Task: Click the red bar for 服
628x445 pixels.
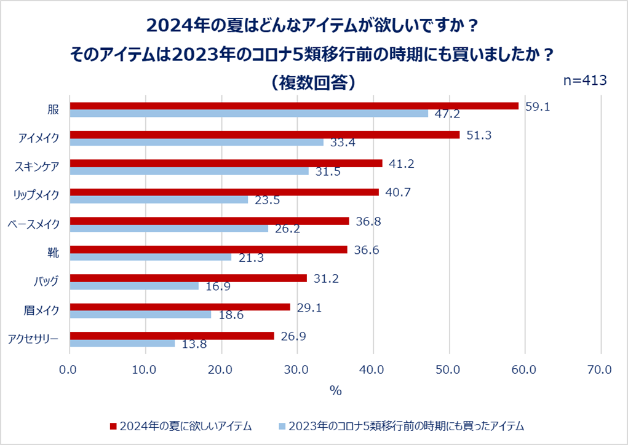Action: [294, 106]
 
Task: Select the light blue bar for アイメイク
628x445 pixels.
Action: [196, 142]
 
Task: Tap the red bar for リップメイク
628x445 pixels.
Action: [224, 192]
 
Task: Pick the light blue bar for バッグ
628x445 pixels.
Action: [134, 286]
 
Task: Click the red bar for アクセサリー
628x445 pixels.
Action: [172, 336]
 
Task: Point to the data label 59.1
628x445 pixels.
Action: [538, 106]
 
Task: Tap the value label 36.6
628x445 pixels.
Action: [366, 250]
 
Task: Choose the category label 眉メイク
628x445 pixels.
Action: [42, 310]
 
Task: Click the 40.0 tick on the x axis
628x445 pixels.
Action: [373, 369]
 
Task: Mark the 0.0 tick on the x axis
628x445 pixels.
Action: [70, 369]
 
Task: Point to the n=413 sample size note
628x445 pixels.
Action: [586, 81]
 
